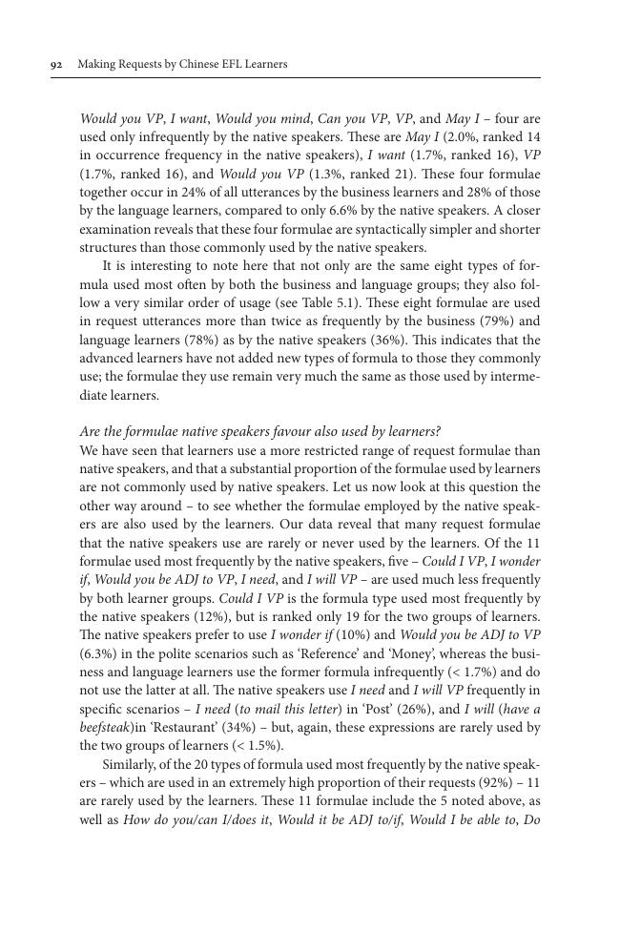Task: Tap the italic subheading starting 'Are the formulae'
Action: pyautogui.click(x=260, y=432)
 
